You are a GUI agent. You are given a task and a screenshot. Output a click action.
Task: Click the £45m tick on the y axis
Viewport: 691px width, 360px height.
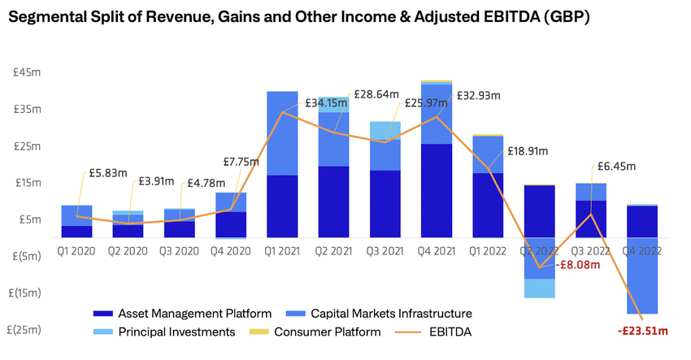point(29,72)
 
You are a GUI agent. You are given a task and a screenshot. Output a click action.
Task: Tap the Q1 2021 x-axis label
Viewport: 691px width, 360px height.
point(281,251)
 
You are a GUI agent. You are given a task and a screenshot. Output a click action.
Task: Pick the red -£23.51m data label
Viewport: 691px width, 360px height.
point(642,331)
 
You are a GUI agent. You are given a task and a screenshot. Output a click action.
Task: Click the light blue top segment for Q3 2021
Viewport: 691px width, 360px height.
point(384,130)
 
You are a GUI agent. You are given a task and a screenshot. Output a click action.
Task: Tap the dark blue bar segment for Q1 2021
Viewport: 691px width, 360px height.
point(281,206)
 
